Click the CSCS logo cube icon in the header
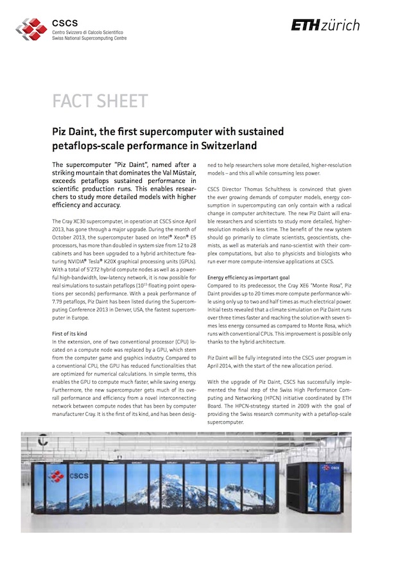tap(31, 28)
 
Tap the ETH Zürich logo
tap(325, 25)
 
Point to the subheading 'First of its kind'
tap(71, 334)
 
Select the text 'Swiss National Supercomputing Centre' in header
tap(89, 39)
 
